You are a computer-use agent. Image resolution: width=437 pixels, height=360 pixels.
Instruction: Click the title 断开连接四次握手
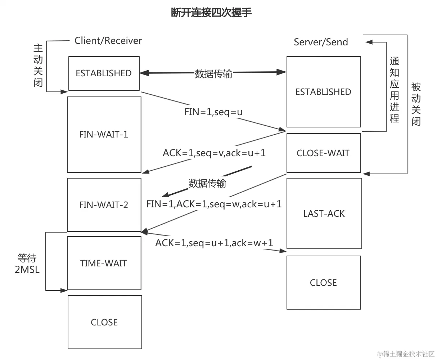(x=211, y=13)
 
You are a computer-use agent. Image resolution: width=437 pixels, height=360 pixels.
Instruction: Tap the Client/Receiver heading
(x=108, y=41)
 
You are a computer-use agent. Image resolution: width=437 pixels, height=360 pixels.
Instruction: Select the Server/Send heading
(x=321, y=42)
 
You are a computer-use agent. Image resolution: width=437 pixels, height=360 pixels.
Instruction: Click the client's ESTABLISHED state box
(x=104, y=73)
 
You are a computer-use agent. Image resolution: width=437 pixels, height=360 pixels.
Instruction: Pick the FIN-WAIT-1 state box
(x=104, y=134)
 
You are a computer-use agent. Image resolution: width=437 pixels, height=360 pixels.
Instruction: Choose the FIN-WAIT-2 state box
(x=104, y=205)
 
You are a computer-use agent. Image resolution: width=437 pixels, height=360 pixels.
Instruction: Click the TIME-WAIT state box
(x=104, y=263)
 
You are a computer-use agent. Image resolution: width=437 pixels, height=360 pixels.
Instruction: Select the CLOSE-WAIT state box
(x=323, y=153)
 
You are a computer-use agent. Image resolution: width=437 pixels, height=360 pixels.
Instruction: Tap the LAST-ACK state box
(x=324, y=213)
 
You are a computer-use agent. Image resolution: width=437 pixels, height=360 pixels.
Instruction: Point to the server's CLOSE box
(x=323, y=283)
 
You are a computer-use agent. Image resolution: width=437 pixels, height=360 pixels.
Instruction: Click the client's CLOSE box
(x=104, y=322)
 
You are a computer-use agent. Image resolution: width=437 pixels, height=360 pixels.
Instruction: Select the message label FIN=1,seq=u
(x=213, y=112)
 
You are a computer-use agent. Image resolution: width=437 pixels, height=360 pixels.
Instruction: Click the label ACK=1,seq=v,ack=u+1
(x=214, y=153)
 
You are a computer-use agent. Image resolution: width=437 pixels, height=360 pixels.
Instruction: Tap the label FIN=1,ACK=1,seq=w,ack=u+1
(x=214, y=204)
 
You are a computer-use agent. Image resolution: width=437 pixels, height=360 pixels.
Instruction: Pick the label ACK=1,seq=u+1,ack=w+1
(x=214, y=243)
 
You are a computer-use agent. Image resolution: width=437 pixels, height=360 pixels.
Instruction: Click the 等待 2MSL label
(x=27, y=264)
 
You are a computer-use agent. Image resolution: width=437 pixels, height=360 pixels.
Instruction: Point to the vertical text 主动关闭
(x=38, y=66)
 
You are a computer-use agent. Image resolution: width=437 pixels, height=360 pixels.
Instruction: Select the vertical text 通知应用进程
(x=395, y=90)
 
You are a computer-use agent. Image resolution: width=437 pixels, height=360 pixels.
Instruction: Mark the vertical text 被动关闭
(x=416, y=104)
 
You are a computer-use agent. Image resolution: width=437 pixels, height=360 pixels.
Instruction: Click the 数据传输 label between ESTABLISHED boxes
(x=213, y=74)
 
